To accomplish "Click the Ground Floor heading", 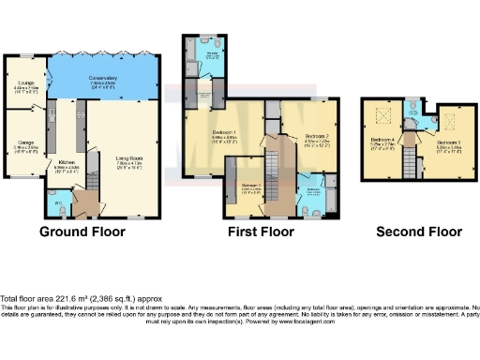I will (x=82, y=232).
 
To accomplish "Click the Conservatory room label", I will (x=103, y=80).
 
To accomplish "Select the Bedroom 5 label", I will (x=448, y=142).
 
